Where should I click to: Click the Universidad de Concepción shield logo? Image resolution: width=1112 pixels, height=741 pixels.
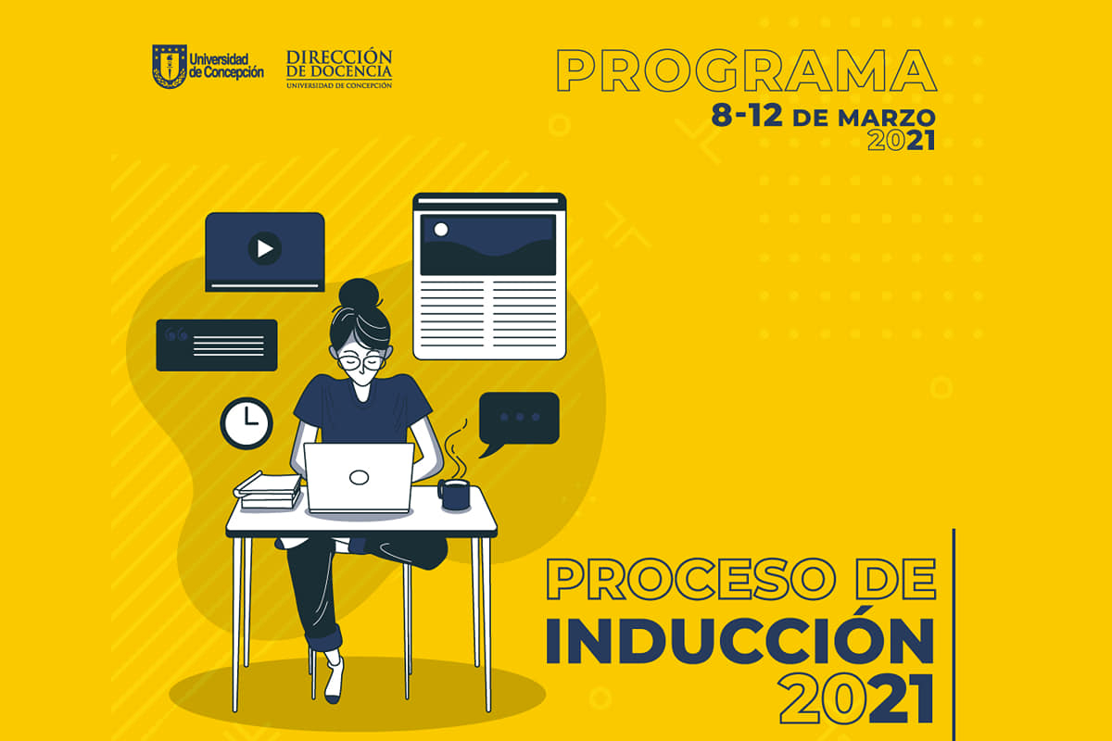pos(170,67)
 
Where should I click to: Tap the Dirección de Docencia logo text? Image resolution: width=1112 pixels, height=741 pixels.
pos(339,69)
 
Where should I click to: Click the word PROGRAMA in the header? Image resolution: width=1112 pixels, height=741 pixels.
pos(747,70)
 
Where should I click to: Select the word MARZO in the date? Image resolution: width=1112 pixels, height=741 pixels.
pos(887,119)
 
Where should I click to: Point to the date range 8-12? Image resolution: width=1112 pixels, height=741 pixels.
pos(747,116)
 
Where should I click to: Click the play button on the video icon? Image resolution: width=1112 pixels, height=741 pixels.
pos(265,248)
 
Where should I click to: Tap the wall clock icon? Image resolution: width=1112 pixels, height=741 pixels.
pos(246,423)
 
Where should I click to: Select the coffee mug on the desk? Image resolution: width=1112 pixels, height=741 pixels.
pos(454,495)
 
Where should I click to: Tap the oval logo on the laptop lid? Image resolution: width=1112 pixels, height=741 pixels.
pos(359,477)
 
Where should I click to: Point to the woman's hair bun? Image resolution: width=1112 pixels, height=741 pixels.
pos(360,294)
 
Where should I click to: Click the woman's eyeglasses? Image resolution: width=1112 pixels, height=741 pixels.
pos(362,362)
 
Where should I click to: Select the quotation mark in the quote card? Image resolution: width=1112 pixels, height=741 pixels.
pos(176,334)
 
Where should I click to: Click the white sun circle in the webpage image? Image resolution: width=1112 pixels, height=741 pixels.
pos(441,230)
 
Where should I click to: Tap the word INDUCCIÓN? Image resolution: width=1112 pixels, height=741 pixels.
pos(740,640)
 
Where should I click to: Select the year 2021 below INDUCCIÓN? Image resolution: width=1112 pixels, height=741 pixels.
pos(856,698)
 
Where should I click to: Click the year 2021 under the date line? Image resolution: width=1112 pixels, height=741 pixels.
pos(902,141)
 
